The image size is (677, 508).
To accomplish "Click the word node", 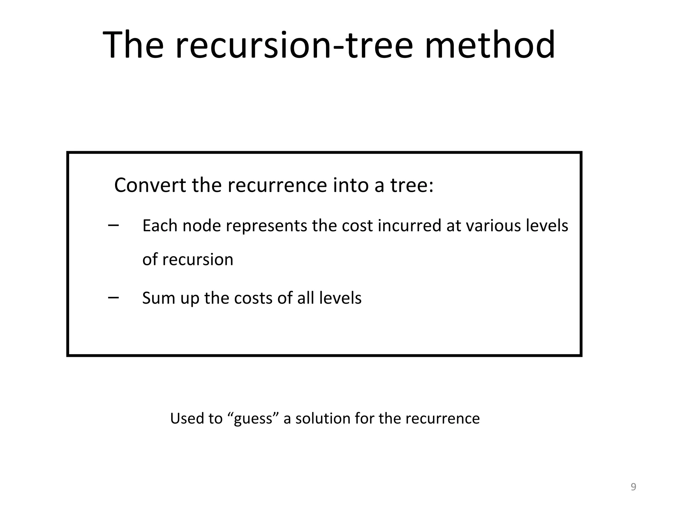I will pyautogui.click(x=202, y=226).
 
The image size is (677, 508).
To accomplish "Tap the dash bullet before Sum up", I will pyautogui.click(x=113, y=297).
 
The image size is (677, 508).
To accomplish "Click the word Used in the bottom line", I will pyautogui.click(x=187, y=418).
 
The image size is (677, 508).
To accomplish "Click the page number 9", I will pyautogui.click(x=633, y=487).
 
